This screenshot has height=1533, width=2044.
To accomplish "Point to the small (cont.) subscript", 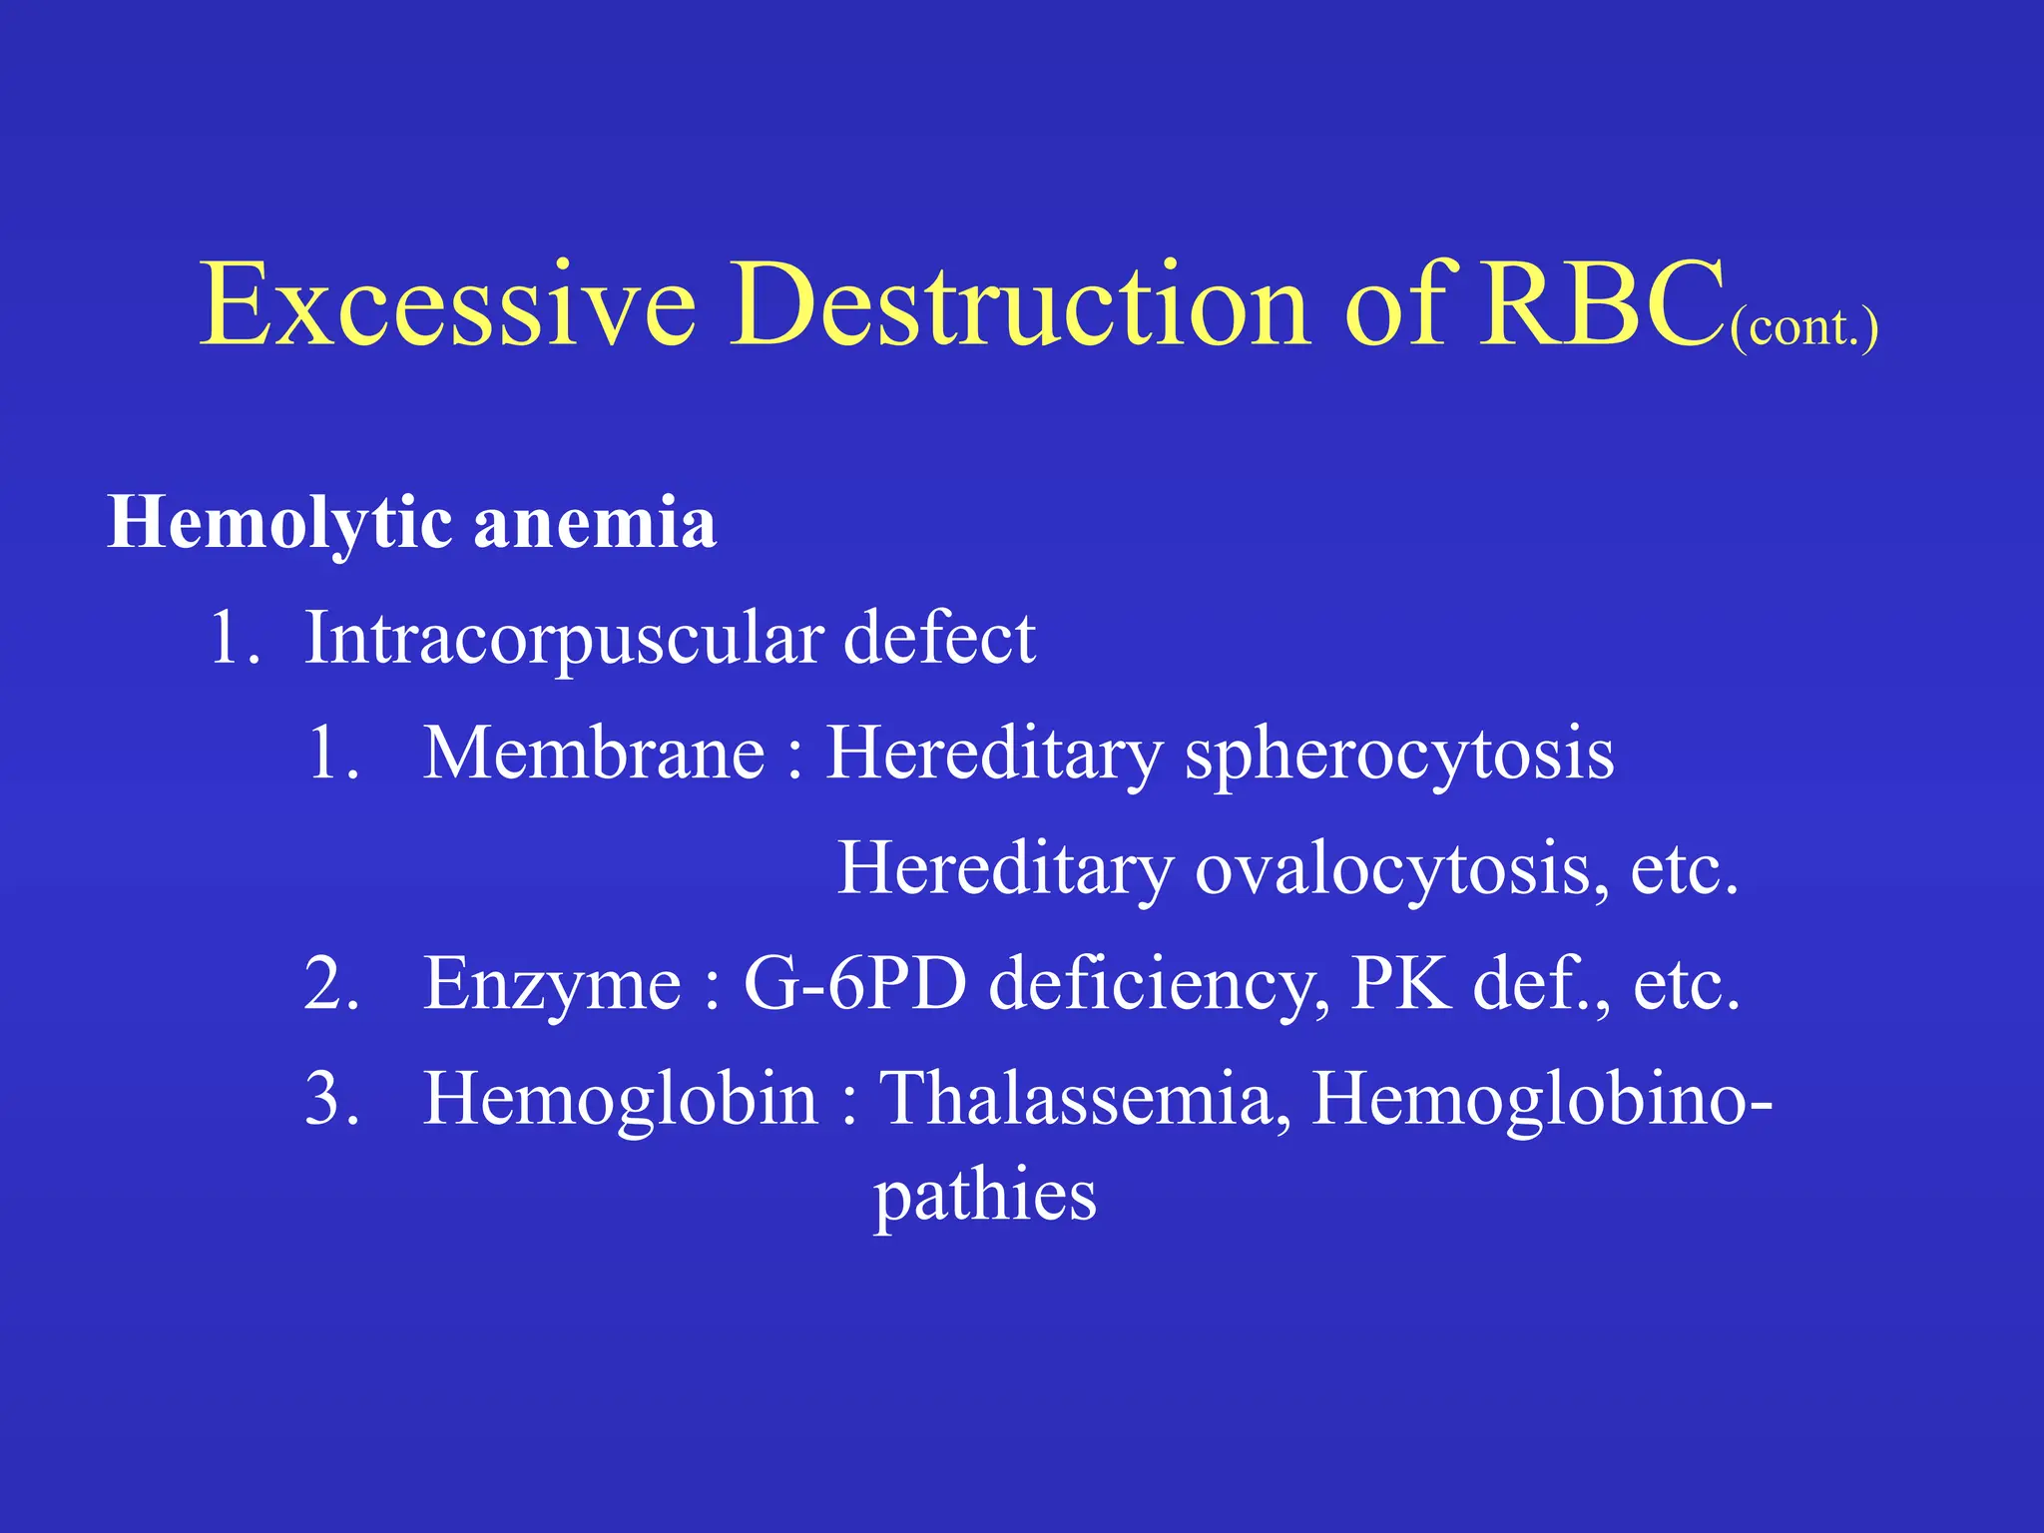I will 1804,327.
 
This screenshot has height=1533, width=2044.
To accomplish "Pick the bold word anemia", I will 595,524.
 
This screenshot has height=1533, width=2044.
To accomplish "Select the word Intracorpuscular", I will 564,639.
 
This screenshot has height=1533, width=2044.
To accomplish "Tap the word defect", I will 938,639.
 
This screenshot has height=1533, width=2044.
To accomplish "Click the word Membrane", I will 595,754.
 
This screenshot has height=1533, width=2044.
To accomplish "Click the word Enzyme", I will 552,985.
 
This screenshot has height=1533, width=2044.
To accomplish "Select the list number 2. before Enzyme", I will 331,985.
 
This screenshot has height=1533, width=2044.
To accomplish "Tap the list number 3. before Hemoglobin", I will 331,1099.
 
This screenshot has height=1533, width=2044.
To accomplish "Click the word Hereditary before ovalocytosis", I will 1005,868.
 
